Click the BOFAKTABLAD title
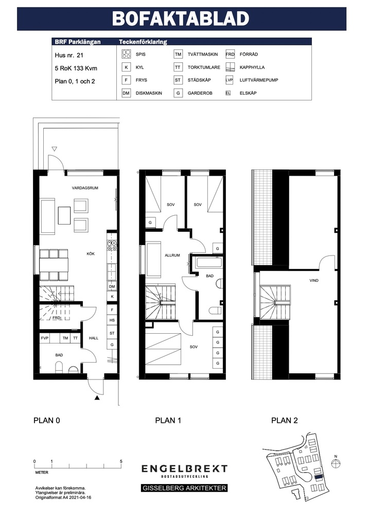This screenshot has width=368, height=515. coord(181,19)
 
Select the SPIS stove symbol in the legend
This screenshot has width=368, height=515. coord(126,54)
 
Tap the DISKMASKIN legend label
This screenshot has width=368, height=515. coord(149,93)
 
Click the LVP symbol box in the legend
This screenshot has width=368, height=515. coord(229,80)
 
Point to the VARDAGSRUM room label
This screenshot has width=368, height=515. coord(85,188)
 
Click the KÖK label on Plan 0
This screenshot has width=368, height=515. coord(91,253)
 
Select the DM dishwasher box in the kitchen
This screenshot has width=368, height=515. coord(112,286)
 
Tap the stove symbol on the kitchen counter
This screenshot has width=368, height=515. coord(112,246)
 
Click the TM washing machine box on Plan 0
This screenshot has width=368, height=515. coord(65,338)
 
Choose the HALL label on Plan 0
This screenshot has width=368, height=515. coord(94,338)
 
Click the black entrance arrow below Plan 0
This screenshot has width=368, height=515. coord(97,398)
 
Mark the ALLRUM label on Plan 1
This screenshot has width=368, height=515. coord(172,255)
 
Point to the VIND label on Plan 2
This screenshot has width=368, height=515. coord(314,281)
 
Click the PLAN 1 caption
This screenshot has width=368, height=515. coord(168,420)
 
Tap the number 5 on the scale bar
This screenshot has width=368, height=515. coord(121,461)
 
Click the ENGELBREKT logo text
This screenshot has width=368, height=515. coord(184,469)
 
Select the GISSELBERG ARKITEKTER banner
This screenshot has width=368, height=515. coord(184,488)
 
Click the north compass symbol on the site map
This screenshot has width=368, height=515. coord(336,463)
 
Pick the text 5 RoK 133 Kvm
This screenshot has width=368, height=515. coord(76,68)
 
